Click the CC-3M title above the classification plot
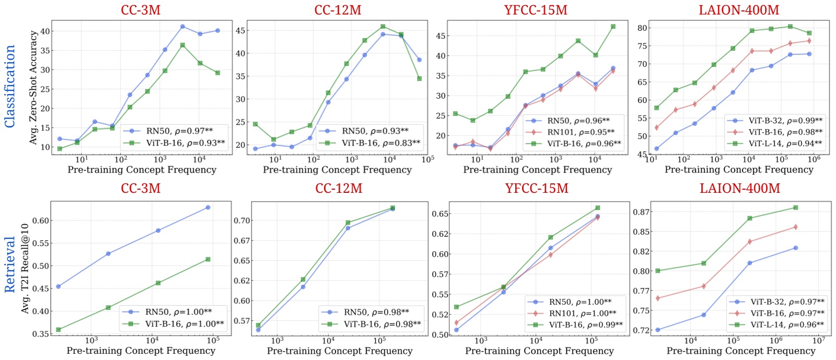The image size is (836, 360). [141, 10]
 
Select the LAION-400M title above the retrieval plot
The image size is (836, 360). [740, 189]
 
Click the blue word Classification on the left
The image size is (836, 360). [10, 86]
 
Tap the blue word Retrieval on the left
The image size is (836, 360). [10, 264]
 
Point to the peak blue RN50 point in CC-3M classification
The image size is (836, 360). [182, 27]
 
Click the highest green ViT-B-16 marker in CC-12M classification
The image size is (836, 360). [383, 27]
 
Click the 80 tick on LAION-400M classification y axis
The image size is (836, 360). [642, 28]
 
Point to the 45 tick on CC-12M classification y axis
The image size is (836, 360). [240, 31]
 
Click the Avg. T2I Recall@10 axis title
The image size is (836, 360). [25, 268]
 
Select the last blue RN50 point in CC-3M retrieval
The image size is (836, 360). [208, 207]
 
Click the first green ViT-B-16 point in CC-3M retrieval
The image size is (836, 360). [59, 330]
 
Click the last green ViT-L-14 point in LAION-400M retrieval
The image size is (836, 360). [796, 207]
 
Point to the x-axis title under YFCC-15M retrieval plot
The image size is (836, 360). [540, 351]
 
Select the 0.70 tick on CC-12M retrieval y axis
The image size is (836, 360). [241, 220]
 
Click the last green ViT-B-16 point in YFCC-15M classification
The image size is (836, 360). [613, 27]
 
